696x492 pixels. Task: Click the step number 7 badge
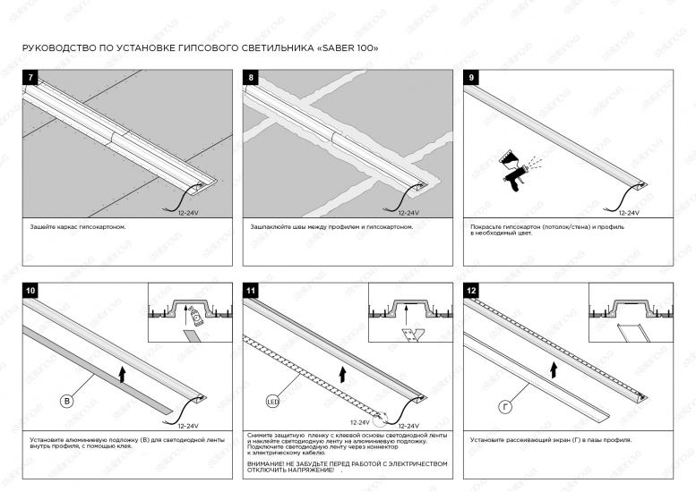(x=30, y=78)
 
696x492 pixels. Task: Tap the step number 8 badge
(x=251, y=78)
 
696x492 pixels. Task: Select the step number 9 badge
(x=471, y=78)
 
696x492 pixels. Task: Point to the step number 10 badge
(x=30, y=291)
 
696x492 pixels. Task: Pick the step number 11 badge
(x=251, y=291)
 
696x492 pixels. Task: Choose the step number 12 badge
(x=471, y=291)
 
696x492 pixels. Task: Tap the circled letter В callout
(x=66, y=402)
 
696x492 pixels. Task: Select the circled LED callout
(x=272, y=402)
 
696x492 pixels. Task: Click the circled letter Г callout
(x=505, y=406)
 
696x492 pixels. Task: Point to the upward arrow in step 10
(x=122, y=375)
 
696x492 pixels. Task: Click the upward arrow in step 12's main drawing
(x=554, y=370)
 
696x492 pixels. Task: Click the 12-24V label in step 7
(x=188, y=213)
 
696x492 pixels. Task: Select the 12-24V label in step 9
(x=629, y=213)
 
